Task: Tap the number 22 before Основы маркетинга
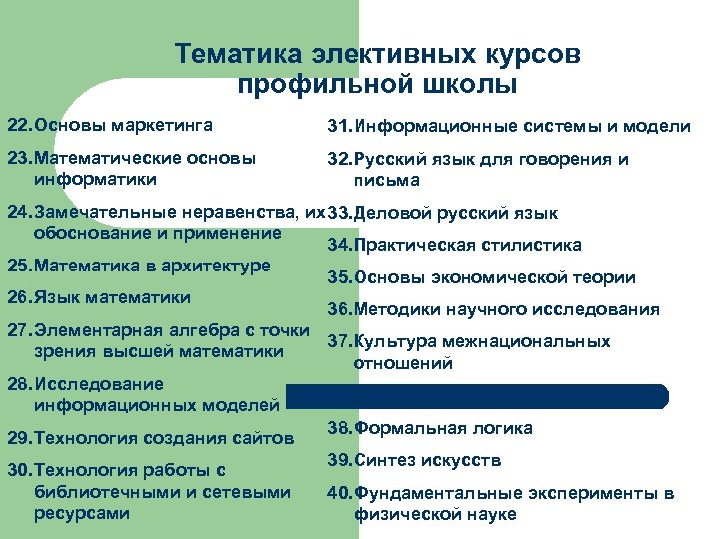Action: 18,126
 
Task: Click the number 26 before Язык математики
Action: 18,297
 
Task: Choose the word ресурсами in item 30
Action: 81,513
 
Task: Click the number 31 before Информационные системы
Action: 339,127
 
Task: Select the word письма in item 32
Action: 385,180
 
